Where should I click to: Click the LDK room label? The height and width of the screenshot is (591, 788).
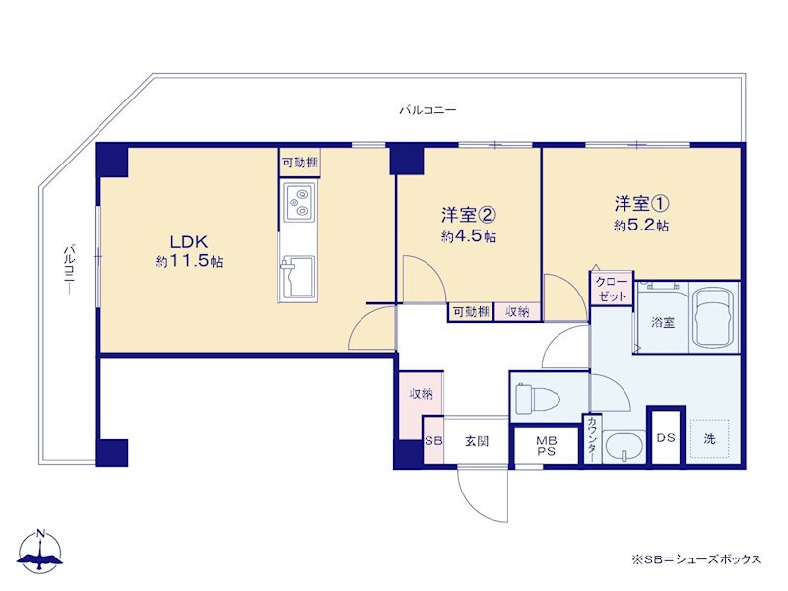(189, 242)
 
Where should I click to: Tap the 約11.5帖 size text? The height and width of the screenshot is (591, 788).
(189, 261)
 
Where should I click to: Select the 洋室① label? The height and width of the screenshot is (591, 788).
(641, 204)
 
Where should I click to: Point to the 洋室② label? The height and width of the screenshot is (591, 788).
(469, 215)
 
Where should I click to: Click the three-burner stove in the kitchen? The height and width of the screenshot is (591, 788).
(299, 202)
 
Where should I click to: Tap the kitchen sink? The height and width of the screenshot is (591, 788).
(298, 277)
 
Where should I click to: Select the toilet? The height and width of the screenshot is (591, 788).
(537, 398)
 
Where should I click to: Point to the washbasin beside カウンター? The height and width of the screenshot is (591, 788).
(624, 447)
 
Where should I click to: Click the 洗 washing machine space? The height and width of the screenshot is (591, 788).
(709, 438)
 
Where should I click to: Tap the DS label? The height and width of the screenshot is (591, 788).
(666, 437)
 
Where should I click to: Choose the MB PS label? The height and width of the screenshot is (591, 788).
(547, 446)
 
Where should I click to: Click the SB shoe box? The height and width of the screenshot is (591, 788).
(433, 440)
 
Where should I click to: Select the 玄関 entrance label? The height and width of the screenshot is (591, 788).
(477, 441)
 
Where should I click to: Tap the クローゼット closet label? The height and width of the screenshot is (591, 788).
(612, 289)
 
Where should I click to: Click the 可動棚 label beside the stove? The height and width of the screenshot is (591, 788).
(299, 163)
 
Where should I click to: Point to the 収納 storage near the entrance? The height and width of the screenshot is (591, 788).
(421, 394)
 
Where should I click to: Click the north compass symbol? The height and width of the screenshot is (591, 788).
(40, 552)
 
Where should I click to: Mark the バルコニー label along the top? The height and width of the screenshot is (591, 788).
(427, 109)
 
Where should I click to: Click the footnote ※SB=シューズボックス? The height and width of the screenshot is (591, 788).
(696, 558)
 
